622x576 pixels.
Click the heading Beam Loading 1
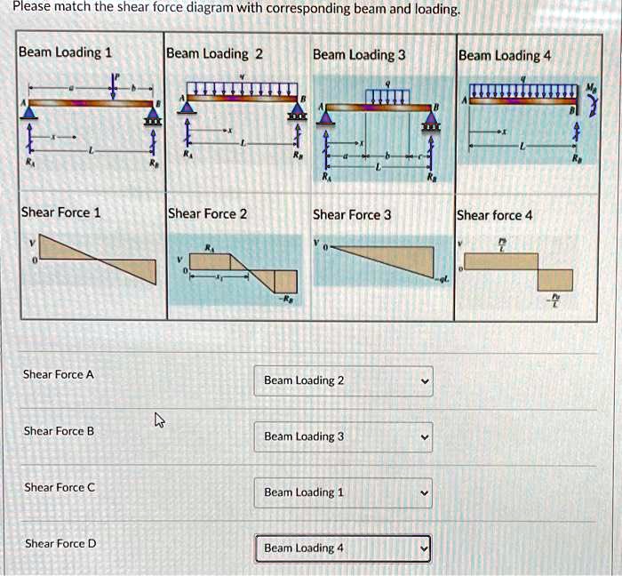coord(65,52)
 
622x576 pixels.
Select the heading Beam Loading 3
coord(359,55)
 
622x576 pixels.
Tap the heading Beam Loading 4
coord(505,56)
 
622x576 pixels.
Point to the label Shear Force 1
coord(60,212)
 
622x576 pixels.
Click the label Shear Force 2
coord(207,213)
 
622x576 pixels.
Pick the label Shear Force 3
coord(353,214)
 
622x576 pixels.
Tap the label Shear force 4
coord(495,215)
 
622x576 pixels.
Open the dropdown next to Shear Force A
coord(343,380)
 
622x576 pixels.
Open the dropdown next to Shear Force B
coord(343,436)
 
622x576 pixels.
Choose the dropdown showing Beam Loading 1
coord(343,492)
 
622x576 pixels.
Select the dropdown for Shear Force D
coord(343,548)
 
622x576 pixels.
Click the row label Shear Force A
coord(59,374)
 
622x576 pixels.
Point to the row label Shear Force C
coord(60,487)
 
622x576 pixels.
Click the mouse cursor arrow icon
coord(159,419)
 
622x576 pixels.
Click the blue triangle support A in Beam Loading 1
coord(29,112)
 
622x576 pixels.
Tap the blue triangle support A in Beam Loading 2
coord(187,106)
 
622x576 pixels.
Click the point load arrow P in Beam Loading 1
coord(114,85)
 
